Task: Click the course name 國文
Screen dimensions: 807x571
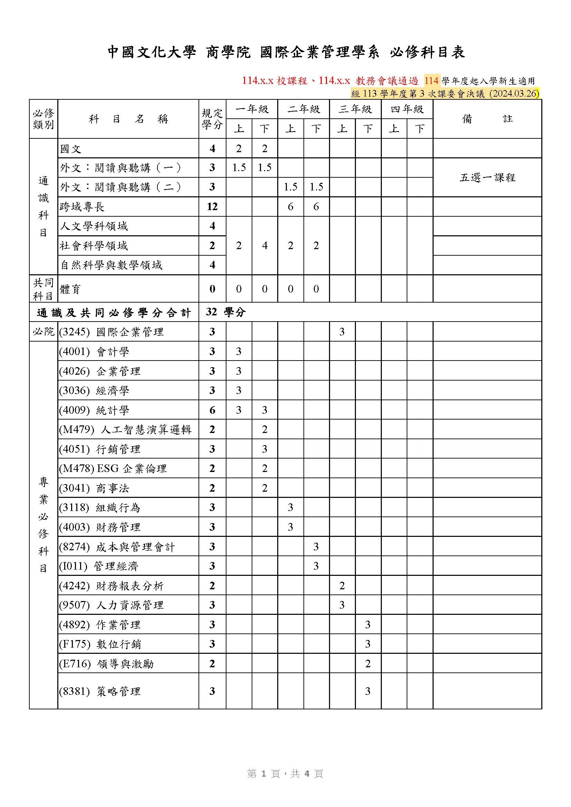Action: pyautogui.click(x=71, y=149)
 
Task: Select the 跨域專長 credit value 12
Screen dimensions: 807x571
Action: pyautogui.click(x=212, y=206)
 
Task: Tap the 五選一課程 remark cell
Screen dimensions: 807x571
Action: pyautogui.click(x=487, y=177)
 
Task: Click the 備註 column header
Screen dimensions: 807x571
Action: pyautogui.click(x=487, y=119)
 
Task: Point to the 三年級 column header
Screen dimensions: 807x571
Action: pyautogui.click(x=355, y=109)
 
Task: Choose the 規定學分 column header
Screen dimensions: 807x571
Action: pyautogui.click(x=212, y=119)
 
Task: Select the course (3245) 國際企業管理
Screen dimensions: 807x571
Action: pyautogui.click(x=111, y=332)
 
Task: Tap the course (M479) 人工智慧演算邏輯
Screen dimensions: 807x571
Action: pyautogui.click(x=125, y=429)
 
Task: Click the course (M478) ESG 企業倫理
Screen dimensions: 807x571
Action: pyautogui.click(x=113, y=468)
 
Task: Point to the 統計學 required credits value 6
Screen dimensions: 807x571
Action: pyautogui.click(x=212, y=410)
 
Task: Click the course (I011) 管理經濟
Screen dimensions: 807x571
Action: pyautogui.click(x=99, y=566)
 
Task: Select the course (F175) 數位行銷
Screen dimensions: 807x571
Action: pyautogui.click(x=100, y=644)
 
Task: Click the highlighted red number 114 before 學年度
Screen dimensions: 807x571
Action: pyautogui.click(x=431, y=81)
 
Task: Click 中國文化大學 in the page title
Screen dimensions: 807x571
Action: pyautogui.click(x=151, y=52)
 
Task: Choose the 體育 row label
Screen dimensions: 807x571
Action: pyautogui.click(x=71, y=289)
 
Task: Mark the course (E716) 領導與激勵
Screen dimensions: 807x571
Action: pyautogui.click(x=106, y=663)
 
